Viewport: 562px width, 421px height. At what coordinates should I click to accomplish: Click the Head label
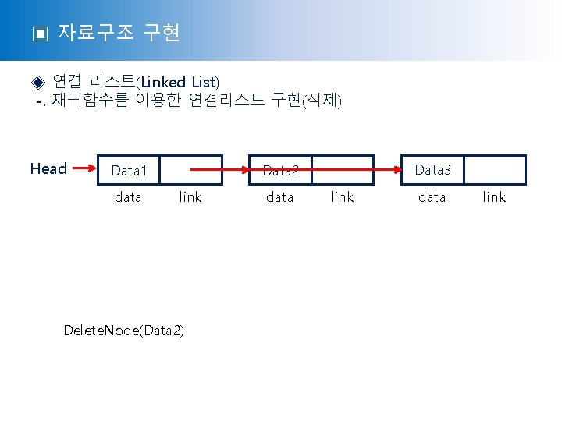pyautogui.click(x=48, y=168)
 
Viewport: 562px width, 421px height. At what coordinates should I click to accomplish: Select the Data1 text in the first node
pyautogui.click(x=130, y=170)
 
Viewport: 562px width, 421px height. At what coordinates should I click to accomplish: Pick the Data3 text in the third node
pyautogui.click(x=432, y=169)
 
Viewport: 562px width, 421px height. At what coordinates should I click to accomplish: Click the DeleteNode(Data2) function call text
pyautogui.click(x=124, y=331)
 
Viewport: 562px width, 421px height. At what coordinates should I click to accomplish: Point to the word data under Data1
pyautogui.click(x=128, y=197)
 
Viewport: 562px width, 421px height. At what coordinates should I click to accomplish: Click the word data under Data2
pyautogui.click(x=279, y=197)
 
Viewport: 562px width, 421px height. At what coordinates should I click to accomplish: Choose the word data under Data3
pyautogui.click(x=432, y=197)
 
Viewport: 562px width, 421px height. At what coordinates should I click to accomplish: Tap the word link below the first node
pyautogui.click(x=190, y=197)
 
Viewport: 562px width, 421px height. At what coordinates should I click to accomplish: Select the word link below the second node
pyautogui.click(x=342, y=197)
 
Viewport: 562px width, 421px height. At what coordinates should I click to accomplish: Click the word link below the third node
pyautogui.click(x=494, y=197)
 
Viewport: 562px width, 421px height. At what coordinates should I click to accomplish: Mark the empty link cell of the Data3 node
pyautogui.click(x=496, y=169)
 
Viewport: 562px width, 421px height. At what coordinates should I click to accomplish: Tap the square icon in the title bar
pyautogui.click(x=39, y=34)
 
